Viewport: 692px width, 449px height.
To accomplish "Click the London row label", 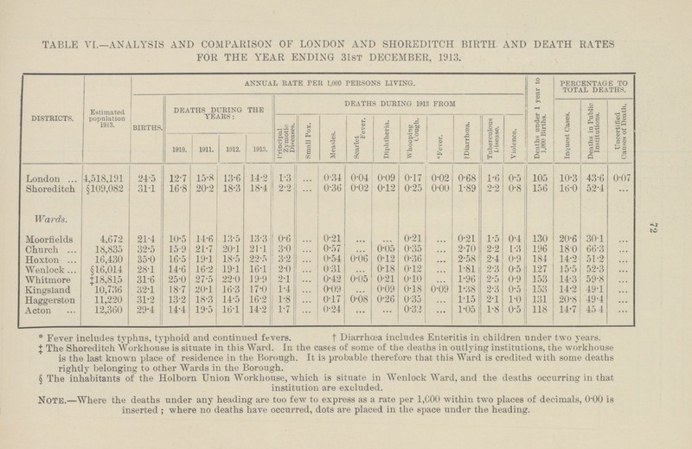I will tap(40, 178).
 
